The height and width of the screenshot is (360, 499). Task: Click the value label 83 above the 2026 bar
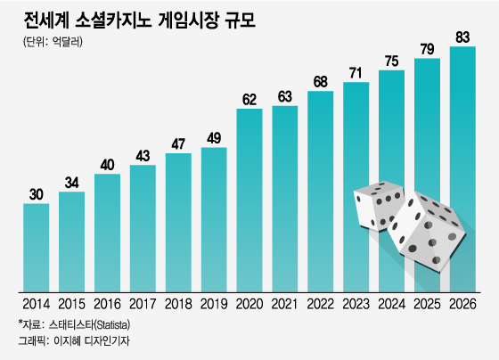tap(462, 37)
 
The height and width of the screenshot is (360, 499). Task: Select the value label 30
tap(36, 193)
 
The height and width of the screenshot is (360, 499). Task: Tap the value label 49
tap(214, 137)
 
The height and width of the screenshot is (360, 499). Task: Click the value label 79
tap(427, 48)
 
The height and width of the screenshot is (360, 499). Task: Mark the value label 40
tap(107, 164)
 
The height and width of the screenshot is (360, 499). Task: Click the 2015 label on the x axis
tap(71, 304)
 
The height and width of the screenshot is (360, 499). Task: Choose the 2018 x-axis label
tap(178, 304)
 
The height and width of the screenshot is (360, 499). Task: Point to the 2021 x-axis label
tap(285, 304)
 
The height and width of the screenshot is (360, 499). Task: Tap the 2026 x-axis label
tap(462, 304)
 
